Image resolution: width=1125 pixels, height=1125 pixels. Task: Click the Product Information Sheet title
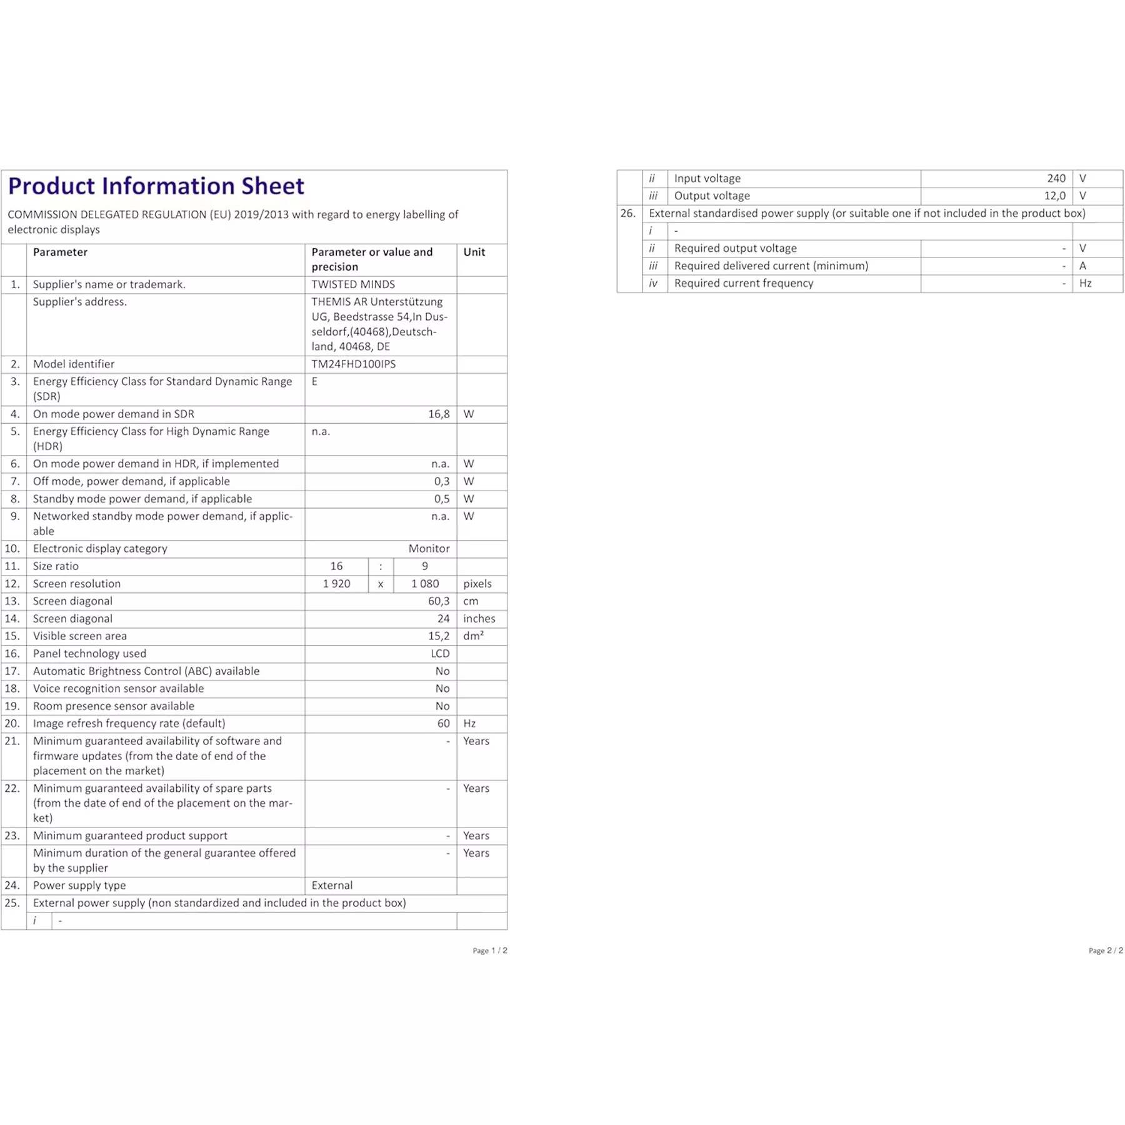(156, 186)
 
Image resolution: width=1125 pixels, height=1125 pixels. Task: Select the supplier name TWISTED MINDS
(353, 284)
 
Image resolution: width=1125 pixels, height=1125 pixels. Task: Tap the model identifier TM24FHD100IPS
(353, 364)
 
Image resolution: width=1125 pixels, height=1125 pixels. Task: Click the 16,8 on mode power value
(439, 414)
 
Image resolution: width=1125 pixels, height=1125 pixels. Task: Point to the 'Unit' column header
(474, 252)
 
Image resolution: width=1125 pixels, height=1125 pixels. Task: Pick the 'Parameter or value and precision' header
(372, 259)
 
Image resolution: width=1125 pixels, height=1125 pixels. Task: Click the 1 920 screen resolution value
(336, 584)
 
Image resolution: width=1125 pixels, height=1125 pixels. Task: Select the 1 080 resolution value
(425, 584)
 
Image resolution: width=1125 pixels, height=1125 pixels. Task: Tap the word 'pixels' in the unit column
(477, 584)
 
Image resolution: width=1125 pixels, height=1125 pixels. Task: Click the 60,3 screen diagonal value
(439, 601)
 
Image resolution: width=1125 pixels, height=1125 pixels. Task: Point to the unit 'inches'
(479, 619)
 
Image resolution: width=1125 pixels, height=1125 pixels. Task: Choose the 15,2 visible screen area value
(439, 636)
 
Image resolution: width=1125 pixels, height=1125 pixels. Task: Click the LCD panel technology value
(440, 654)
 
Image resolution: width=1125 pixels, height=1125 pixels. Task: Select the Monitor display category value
(429, 549)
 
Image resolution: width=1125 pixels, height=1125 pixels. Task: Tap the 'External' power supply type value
(332, 886)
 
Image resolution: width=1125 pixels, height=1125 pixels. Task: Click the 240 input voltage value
(1056, 179)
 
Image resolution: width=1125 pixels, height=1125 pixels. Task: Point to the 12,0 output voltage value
(1055, 196)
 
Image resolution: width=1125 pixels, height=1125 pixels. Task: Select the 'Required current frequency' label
(744, 283)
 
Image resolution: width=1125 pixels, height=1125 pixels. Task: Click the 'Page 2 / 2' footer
(1106, 951)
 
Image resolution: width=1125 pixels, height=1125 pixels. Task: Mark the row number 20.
(12, 724)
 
